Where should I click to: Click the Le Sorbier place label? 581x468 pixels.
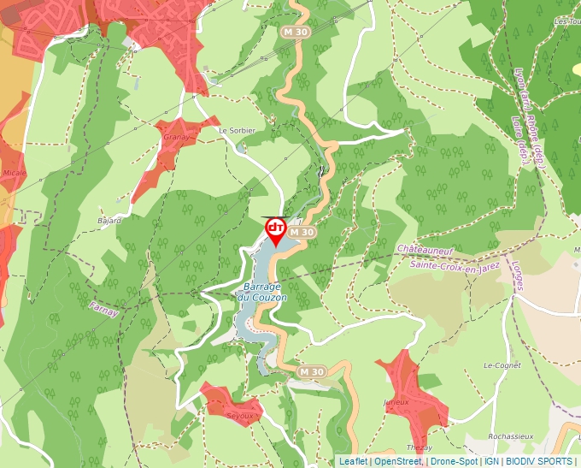pyautogui.click(x=237, y=130)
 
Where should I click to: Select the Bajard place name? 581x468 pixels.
pyautogui.click(x=109, y=220)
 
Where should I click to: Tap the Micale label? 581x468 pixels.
pyautogui.click(x=15, y=171)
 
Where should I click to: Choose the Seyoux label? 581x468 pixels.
pyautogui.click(x=240, y=416)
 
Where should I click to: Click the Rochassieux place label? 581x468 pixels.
pyautogui.click(x=510, y=435)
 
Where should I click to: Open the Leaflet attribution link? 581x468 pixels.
pyautogui.click(x=353, y=461)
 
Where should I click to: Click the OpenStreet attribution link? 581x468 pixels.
pyautogui.click(x=397, y=461)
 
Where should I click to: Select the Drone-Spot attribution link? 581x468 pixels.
pyautogui.click(x=454, y=461)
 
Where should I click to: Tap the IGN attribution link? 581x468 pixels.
pyautogui.click(x=491, y=461)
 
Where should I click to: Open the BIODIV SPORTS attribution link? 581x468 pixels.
pyautogui.click(x=539, y=461)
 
